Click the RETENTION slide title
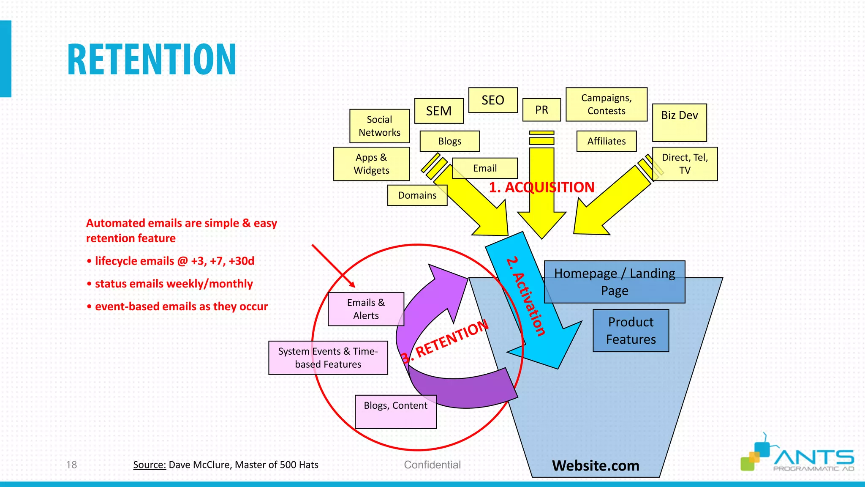point(151,60)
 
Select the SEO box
point(493,100)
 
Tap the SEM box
point(439,111)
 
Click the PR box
point(541,110)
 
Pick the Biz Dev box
point(679,122)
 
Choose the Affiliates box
point(607,141)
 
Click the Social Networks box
point(379,126)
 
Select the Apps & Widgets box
point(371,164)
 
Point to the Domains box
point(417,195)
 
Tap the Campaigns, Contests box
point(607,104)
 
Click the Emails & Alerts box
point(366,309)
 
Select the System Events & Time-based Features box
point(328,358)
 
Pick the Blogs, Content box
point(395,411)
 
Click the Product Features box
point(631,331)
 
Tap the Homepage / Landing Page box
point(615,282)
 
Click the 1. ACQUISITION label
point(541,187)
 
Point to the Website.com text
point(596,465)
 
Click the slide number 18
point(71,465)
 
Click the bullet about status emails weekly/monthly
point(174,284)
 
